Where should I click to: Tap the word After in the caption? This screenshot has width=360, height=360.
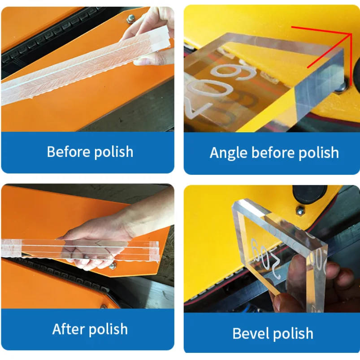(x=68, y=329)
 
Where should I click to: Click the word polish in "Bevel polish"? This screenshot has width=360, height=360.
(x=294, y=334)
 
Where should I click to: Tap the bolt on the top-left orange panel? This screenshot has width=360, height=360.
(x=131, y=18)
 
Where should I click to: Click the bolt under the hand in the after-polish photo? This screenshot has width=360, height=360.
(x=113, y=266)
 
